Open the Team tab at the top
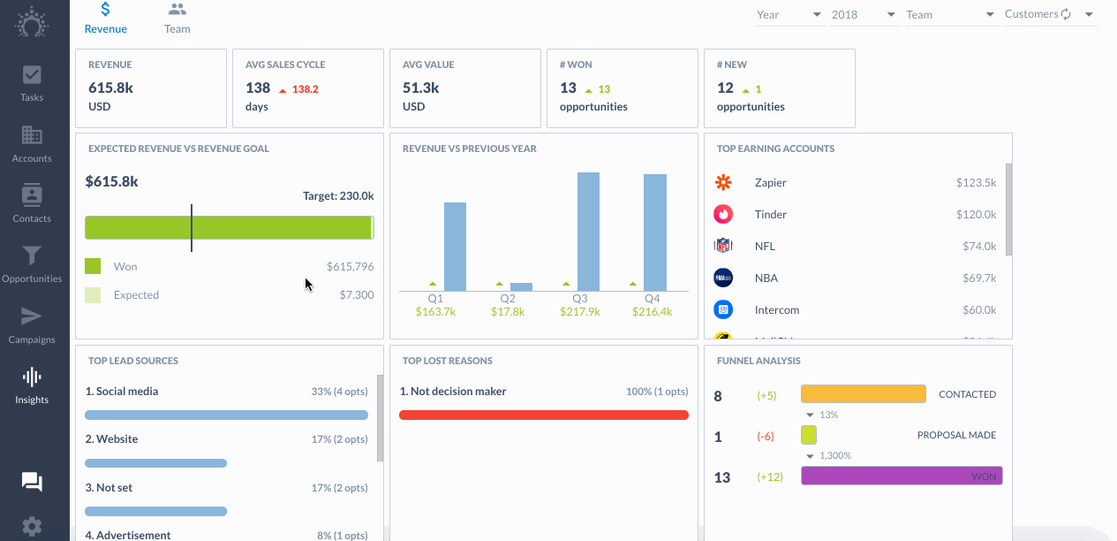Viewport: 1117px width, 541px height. [x=177, y=19]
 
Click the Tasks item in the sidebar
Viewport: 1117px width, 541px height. [x=32, y=84]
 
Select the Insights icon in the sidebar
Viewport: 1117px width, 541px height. [x=32, y=385]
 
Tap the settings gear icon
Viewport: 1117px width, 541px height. [x=32, y=527]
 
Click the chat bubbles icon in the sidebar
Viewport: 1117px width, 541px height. [x=32, y=482]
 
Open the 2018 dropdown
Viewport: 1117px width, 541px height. [x=864, y=14]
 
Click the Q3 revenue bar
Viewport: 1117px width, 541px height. [x=588, y=232]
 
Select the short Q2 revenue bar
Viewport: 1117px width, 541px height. [x=521, y=287]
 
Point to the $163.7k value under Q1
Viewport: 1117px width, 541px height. [x=435, y=312]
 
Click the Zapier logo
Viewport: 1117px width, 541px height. [x=723, y=182]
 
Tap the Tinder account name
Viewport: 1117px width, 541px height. [x=771, y=215]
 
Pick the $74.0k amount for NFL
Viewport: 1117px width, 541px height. [x=979, y=246]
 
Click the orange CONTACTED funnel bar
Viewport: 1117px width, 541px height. [x=864, y=393]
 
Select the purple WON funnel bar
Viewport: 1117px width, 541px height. [x=902, y=476]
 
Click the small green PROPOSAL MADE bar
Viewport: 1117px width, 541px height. [x=809, y=435]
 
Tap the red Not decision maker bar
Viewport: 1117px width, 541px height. [x=544, y=415]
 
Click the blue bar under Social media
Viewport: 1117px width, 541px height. [x=226, y=415]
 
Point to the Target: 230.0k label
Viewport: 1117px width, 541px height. [x=338, y=196]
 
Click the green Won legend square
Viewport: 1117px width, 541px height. [x=93, y=266]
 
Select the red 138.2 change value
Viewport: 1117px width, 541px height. [x=306, y=89]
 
